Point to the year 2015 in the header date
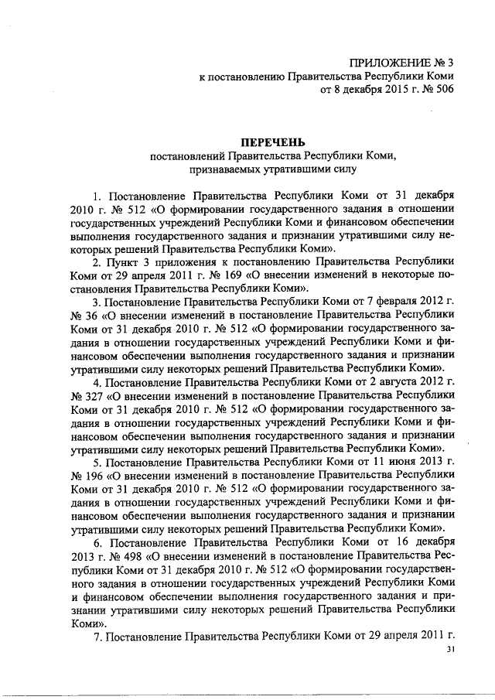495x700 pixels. pos(388,90)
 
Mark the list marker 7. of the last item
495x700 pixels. pos(97,637)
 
